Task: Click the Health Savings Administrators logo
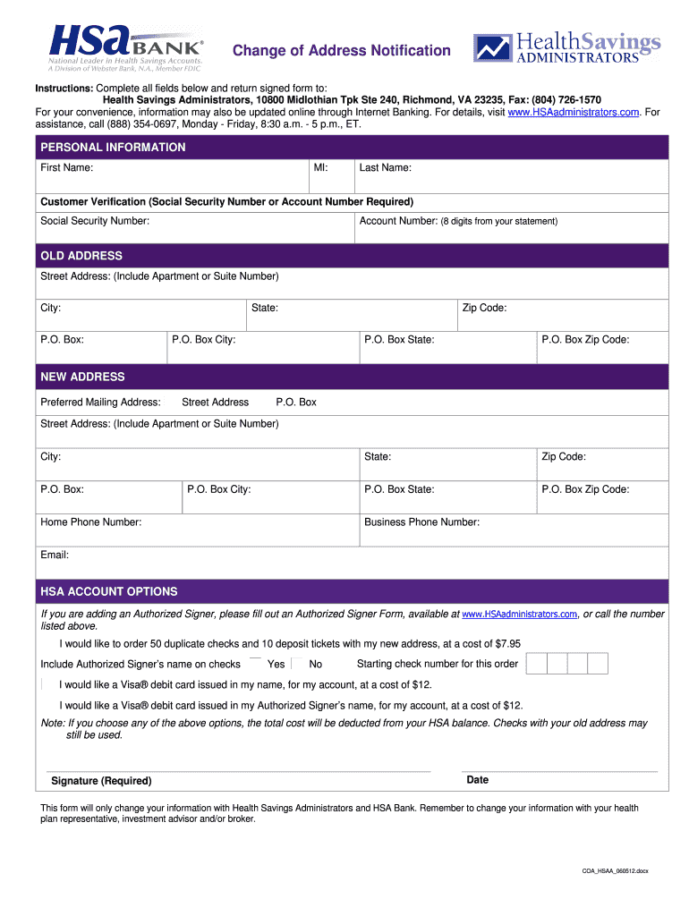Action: click(567, 48)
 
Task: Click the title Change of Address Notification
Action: click(342, 51)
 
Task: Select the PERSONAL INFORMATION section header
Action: click(113, 148)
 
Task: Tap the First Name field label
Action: click(66, 168)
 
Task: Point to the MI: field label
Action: click(320, 168)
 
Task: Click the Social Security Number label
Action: click(95, 221)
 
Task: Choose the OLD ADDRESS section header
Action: click(81, 256)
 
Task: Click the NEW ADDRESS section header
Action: click(82, 377)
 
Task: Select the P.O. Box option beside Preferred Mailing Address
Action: click(295, 403)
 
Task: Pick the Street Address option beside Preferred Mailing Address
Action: click(215, 403)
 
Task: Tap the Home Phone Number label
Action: click(90, 522)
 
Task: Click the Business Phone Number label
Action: click(421, 522)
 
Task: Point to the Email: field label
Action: click(55, 556)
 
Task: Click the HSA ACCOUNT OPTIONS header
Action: click(109, 592)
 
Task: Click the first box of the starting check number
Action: click(536, 664)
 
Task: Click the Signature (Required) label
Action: click(101, 781)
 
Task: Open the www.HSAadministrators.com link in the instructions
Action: click(573, 112)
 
